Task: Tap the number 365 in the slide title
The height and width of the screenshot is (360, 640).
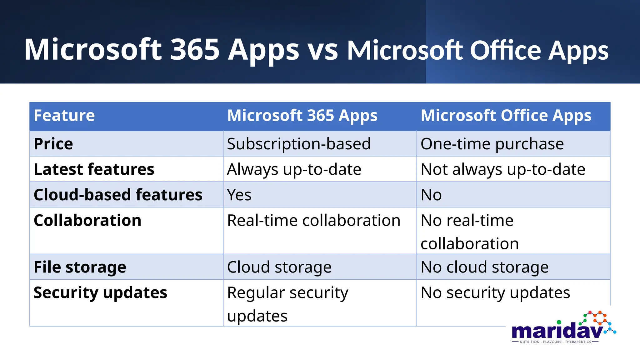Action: click(x=195, y=50)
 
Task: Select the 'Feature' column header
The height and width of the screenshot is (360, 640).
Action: click(x=64, y=116)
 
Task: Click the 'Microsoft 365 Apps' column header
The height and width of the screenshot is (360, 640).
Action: click(x=302, y=116)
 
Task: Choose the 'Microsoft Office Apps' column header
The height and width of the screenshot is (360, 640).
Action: click(x=506, y=116)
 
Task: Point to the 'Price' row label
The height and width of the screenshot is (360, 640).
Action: click(x=53, y=144)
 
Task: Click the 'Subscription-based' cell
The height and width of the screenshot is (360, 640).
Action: click(x=299, y=144)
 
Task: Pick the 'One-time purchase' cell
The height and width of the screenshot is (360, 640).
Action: click(x=492, y=144)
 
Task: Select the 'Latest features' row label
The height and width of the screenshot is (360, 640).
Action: click(x=94, y=169)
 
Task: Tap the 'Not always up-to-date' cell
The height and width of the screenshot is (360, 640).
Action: click(x=503, y=169)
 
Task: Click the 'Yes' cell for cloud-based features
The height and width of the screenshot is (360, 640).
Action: click(x=239, y=195)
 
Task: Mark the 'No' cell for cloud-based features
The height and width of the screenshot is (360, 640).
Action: click(x=431, y=195)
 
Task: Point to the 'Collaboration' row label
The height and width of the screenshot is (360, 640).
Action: click(x=87, y=221)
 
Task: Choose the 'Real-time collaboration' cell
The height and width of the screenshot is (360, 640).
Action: click(x=314, y=221)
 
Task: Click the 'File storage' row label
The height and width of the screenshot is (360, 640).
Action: click(x=80, y=267)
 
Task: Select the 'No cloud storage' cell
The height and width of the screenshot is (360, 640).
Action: click(x=484, y=267)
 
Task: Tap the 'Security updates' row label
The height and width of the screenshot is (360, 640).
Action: click(x=100, y=293)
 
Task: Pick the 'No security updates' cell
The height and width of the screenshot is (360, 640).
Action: click(x=495, y=293)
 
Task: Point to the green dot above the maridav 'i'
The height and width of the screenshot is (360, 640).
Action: click(x=559, y=322)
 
